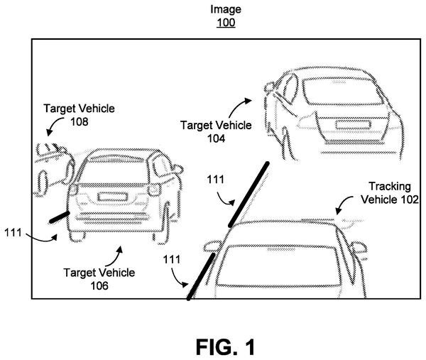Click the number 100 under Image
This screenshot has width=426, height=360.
click(226, 22)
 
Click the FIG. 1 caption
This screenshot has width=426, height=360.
click(226, 347)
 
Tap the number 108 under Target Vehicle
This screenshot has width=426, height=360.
click(80, 121)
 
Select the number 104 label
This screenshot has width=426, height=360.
click(216, 138)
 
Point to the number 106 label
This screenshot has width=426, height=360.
click(99, 285)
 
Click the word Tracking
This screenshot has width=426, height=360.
click(390, 187)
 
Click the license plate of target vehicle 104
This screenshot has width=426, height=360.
click(353, 125)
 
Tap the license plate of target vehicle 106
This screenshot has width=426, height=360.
click(112, 197)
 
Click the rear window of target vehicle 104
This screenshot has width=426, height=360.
click(343, 92)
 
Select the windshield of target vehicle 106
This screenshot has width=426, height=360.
click(116, 170)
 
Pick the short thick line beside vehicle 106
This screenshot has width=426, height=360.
click(59, 217)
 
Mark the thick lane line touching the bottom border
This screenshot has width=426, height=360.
click(201, 276)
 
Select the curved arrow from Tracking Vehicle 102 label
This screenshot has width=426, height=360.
click(344, 203)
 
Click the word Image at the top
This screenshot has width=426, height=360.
click(226, 9)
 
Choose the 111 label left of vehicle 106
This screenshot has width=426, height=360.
click(13, 233)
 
